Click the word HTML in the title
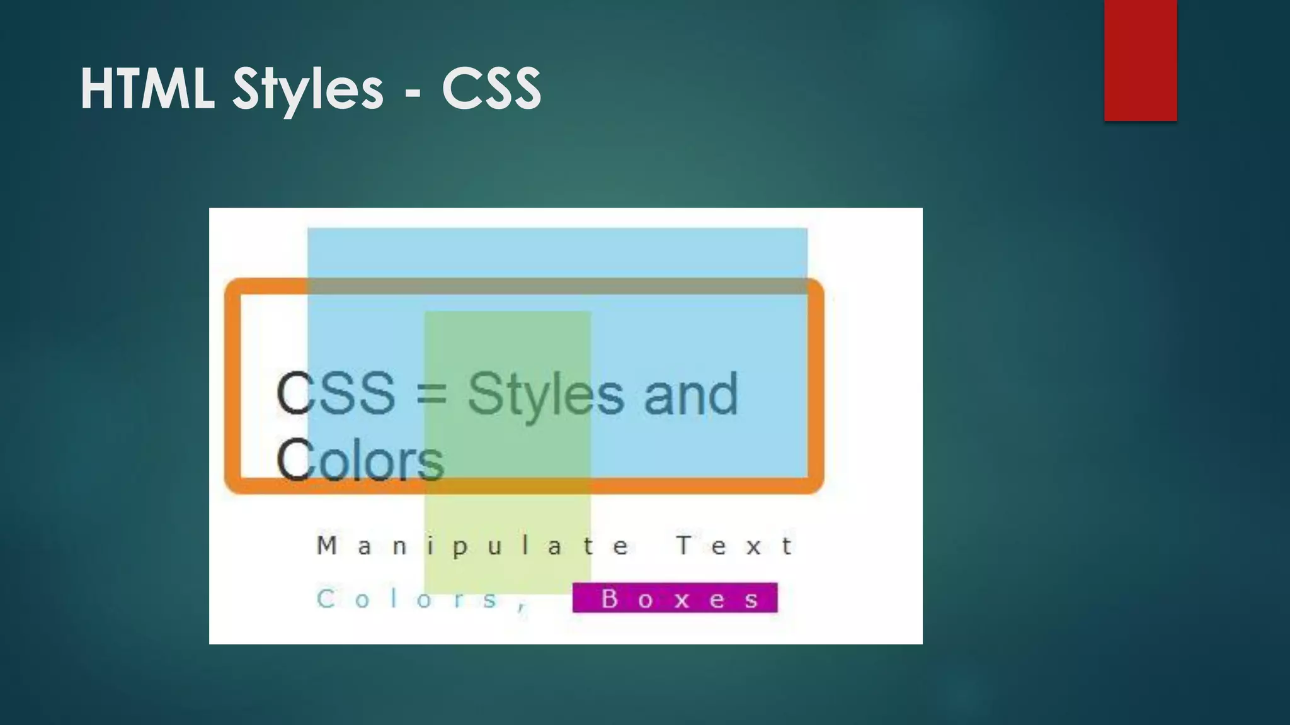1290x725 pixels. tap(147, 89)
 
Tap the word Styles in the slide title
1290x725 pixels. tap(308, 89)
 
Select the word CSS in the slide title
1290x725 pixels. tap(491, 89)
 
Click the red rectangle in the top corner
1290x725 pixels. tap(1140, 60)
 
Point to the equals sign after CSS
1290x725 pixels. tap(431, 395)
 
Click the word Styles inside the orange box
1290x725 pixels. tap(545, 395)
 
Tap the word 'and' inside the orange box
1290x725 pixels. tap(690, 395)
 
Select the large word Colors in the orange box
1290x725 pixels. tap(360, 461)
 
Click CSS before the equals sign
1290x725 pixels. tap(336, 394)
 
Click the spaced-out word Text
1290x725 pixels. tap(734, 546)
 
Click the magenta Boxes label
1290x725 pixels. tap(675, 598)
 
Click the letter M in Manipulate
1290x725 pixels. tap(326, 546)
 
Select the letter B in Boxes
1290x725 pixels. tap(609, 599)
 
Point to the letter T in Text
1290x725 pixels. tap(684, 545)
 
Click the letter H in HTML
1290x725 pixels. tap(97, 89)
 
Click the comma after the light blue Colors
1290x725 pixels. tap(522, 607)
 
